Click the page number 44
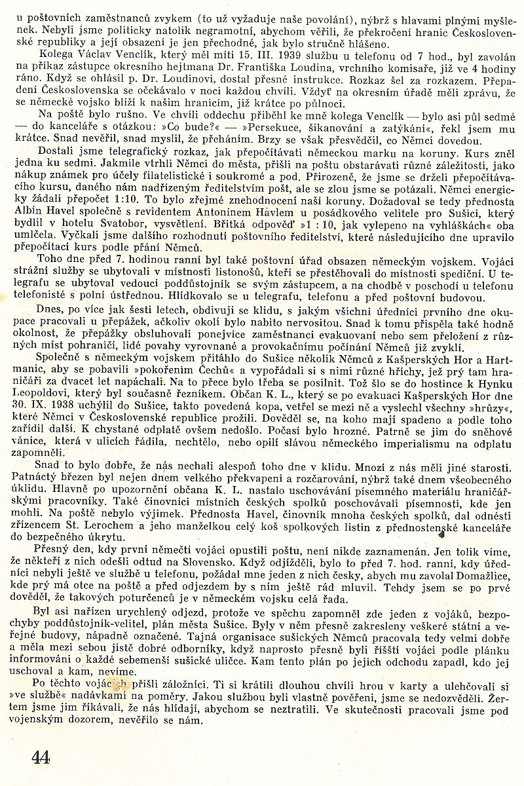[x=40, y=758]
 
